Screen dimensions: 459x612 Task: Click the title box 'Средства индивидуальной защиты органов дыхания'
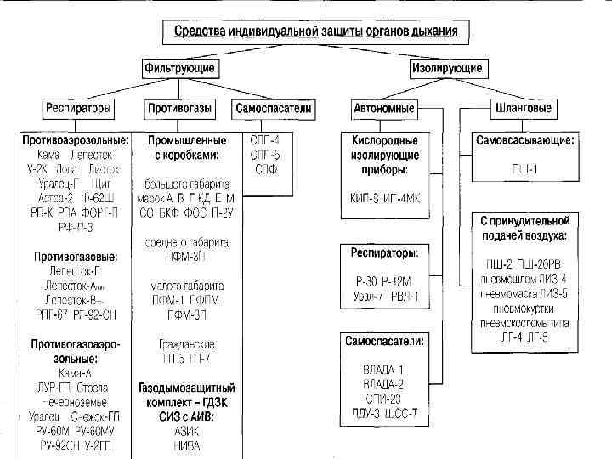[315, 31]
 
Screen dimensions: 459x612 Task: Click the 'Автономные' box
[383, 110]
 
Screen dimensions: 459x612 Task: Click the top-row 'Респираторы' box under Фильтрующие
[78, 110]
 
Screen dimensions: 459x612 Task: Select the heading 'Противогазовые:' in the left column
[75, 256]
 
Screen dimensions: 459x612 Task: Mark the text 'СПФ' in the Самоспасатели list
[267, 168]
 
